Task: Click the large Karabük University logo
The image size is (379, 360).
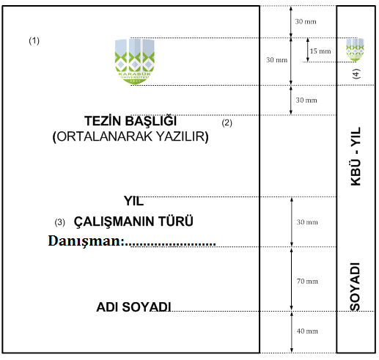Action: tap(134, 62)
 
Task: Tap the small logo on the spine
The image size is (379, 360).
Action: tap(355, 49)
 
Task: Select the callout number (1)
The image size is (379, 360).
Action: tap(34, 40)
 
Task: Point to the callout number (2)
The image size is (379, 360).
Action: tap(227, 122)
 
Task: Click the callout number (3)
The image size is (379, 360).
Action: tap(59, 222)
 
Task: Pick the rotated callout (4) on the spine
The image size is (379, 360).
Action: tap(356, 73)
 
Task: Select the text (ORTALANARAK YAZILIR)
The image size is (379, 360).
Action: tap(130, 136)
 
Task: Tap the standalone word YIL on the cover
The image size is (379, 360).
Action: tap(133, 201)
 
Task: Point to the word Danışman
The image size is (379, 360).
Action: tap(84, 240)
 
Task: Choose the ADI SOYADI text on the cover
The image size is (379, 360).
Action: tap(133, 307)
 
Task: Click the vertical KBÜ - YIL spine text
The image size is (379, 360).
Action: tap(356, 156)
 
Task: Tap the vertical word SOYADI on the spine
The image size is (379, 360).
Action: tap(356, 287)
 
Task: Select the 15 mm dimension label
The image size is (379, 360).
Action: tap(320, 51)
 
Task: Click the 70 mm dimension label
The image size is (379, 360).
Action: tap(307, 282)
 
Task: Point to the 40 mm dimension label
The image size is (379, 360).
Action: tap(307, 331)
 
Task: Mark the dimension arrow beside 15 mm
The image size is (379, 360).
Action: tap(308, 50)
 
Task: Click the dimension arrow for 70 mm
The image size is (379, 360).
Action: tap(291, 279)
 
